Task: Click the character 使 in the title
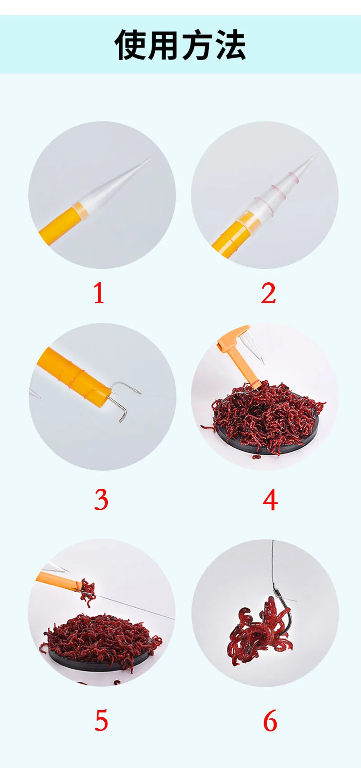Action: (x=131, y=45)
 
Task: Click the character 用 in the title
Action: (x=164, y=45)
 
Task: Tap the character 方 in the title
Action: (x=197, y=45)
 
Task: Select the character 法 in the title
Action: (x=230, y=45)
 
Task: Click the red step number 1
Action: (x=99, y=293)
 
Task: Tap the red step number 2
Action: (x=268, y=293)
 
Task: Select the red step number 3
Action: (x=101, y=500)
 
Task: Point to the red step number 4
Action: (x=270, y=500)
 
